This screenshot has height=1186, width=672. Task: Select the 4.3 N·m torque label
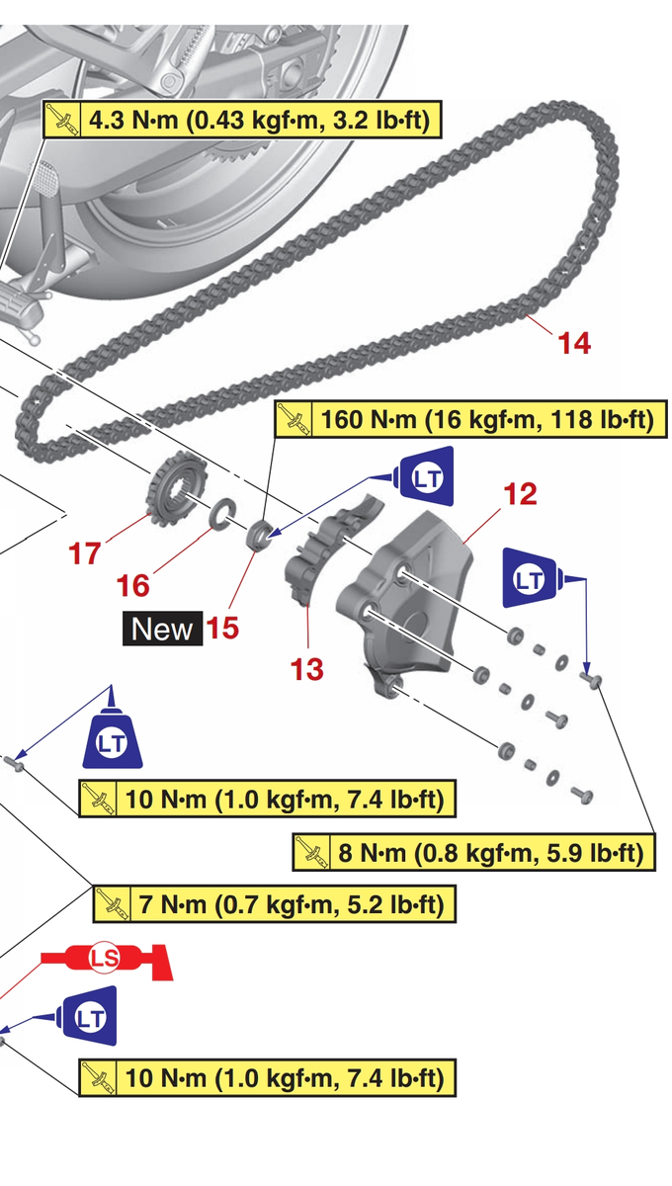click(242, 121)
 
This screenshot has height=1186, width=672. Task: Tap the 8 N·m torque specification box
click(475, 851)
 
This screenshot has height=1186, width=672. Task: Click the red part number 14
click(574, 343)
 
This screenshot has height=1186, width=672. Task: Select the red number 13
click(307, 669)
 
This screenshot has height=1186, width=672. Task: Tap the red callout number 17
click(85, 553)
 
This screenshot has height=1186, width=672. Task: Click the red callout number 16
click(133, 585)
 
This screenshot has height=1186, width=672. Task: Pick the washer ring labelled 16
click(219, 512)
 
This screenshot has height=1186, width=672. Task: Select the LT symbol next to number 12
click(532, 579)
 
